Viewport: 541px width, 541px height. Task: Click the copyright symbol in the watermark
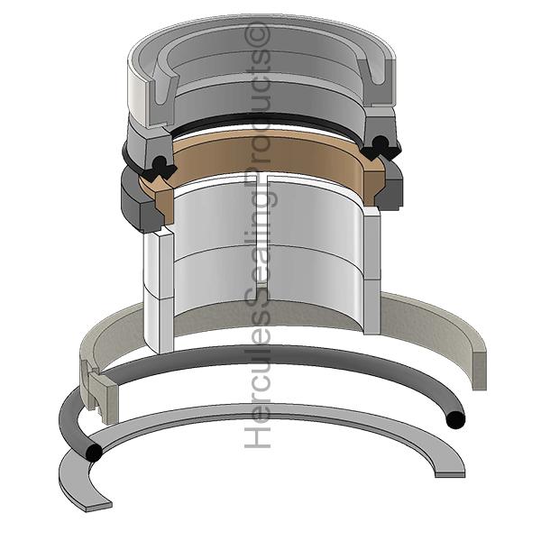(x=257, y=33)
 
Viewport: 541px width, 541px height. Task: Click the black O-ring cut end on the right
(x=455, y=420)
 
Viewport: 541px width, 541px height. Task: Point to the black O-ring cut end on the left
(x=94, y=452)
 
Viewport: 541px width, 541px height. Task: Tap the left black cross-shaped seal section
(x=161, y=168)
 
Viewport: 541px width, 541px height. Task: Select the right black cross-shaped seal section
(x=380, y=148)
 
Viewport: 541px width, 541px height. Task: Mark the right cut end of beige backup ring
(x=479, y=370)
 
